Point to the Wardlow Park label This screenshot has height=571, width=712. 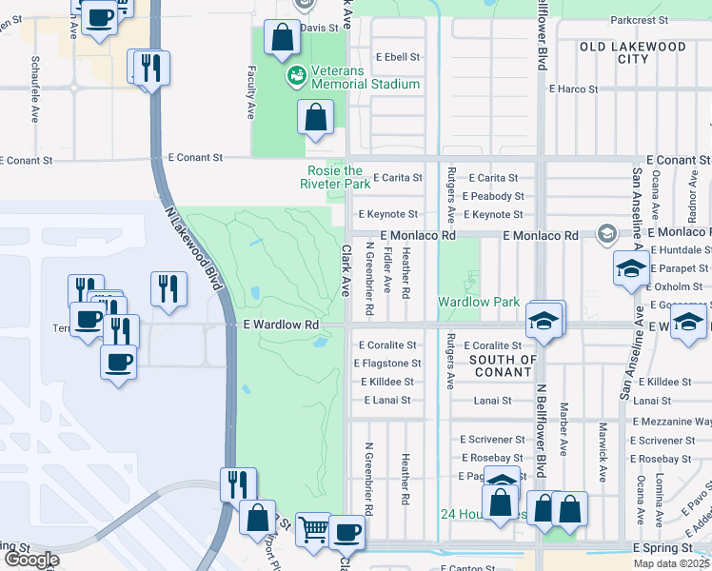pos(478,302)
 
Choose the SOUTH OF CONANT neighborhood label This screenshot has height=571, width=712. pos(504,365)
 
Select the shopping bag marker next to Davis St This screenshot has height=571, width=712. pos(283,39)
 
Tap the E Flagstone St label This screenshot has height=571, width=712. pos(387,364)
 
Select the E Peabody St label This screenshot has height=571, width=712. pos(492,196)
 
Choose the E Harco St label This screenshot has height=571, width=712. pos(573,89)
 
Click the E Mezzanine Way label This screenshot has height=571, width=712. pos(671,420)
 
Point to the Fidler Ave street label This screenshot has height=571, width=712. pos(386,271)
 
